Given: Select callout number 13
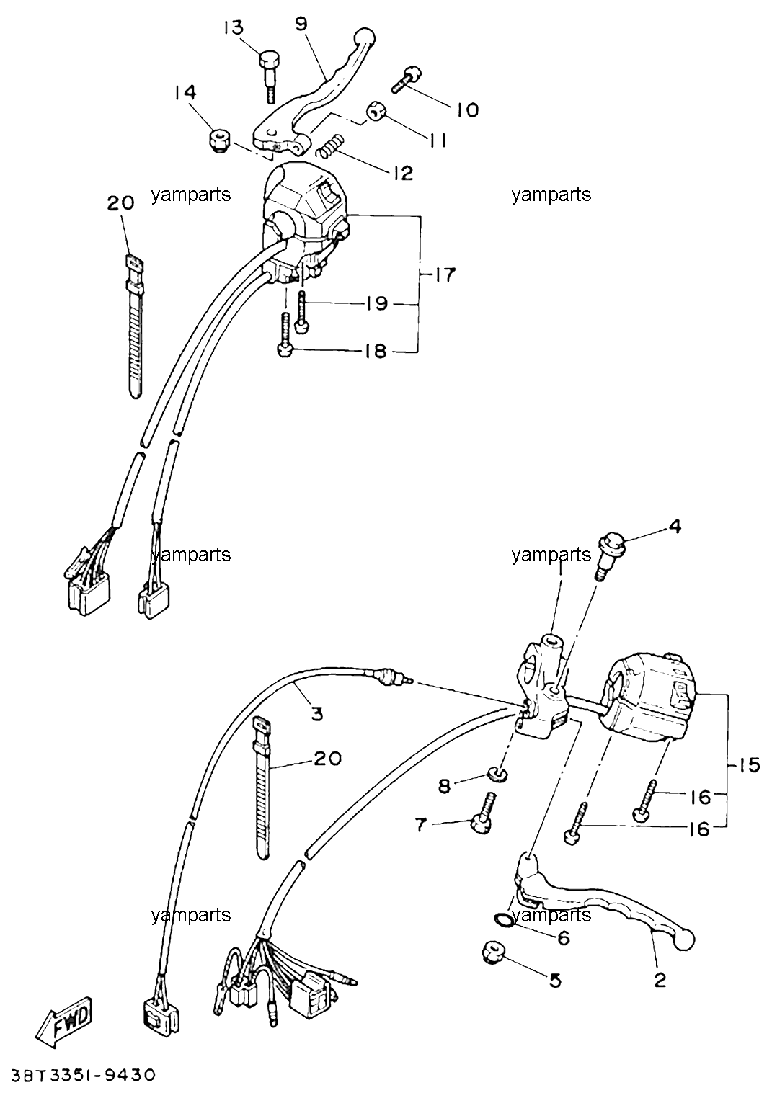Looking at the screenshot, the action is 234,27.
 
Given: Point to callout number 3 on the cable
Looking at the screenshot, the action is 317,714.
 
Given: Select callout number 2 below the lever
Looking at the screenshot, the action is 660,981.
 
